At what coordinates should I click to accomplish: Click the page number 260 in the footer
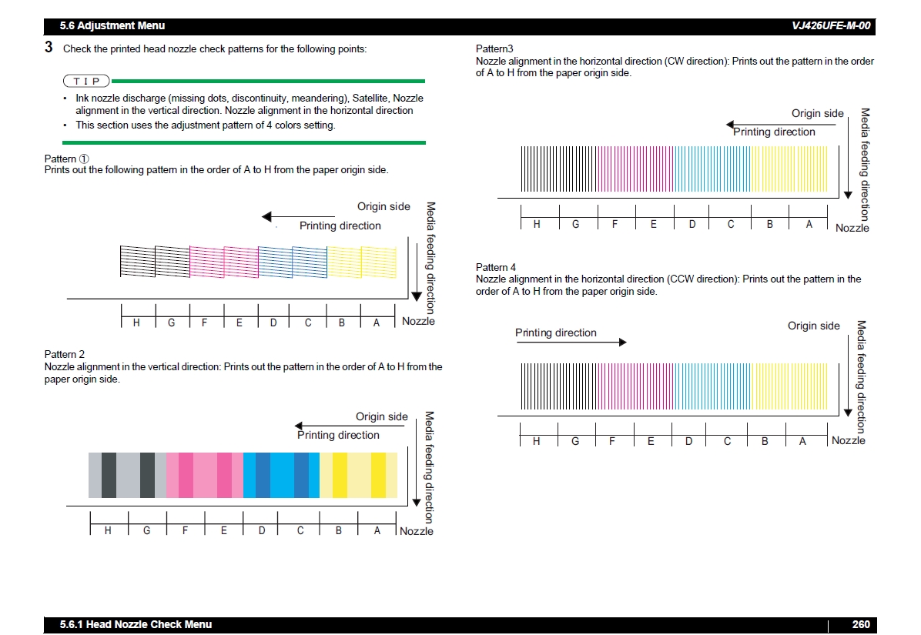[860, 624]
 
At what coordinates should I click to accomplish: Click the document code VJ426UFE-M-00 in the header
[831, 25]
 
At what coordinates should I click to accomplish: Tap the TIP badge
[86, 81]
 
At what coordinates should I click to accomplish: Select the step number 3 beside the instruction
[49, 48]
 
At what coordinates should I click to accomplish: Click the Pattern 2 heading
[65, 354]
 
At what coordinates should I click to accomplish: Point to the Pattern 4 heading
[496, 267]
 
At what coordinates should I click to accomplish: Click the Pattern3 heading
[494, 49]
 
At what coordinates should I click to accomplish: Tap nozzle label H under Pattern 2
[108, 530]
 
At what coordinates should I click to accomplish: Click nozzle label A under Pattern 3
[809, 224]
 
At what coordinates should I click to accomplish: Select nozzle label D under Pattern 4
[688, 441]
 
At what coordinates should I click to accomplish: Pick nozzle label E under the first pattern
[239, 323]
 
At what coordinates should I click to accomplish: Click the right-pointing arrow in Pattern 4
[571, 342]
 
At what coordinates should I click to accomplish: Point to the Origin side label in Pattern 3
[817, 113]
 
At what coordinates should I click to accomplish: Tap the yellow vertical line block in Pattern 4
[789, 386]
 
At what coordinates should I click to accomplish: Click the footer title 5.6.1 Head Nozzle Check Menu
[136, 624]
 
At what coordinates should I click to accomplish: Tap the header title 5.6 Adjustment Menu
[112, 25]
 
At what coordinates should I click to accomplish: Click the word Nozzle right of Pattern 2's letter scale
[417, 531]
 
